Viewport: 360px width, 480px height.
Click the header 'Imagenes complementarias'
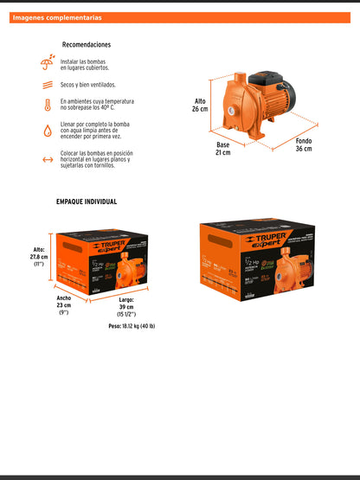tap(57, 17)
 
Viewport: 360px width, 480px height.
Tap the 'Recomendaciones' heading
tap(87, 45)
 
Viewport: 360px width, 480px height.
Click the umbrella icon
tap(47, 62)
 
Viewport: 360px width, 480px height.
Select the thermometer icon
tap(47, 106)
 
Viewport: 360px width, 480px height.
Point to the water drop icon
tap(47, 132)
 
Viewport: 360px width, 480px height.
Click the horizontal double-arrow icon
tap(47, 159)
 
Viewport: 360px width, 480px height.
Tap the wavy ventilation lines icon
tap(47, 86)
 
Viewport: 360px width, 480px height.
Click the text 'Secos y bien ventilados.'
tap(93, 86)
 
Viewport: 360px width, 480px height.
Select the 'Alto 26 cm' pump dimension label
tap(200, 106)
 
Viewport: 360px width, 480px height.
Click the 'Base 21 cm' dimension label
tap(223, 149)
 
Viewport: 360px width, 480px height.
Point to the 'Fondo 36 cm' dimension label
tap(303, 144)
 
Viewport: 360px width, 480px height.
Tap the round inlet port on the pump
tap(231, 112)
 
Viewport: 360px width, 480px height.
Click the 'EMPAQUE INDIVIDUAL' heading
tap(87, 202)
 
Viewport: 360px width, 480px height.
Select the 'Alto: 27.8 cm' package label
tap(39, 256)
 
